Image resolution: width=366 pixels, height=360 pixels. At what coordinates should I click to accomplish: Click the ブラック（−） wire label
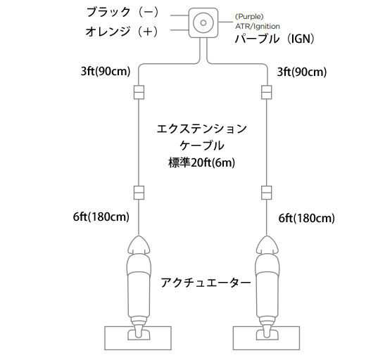(122, 12)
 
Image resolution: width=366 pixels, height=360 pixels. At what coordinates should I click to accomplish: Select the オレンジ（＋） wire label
(122, 32)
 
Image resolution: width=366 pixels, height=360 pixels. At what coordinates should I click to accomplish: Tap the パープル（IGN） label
(274, 39)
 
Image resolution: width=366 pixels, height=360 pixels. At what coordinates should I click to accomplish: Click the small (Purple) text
(249, 17)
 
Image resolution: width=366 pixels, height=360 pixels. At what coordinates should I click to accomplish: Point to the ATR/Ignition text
(258, 26)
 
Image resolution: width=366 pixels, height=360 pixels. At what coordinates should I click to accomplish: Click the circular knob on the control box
(203, 22)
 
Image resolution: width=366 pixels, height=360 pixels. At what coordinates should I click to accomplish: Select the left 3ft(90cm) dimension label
(106, 71)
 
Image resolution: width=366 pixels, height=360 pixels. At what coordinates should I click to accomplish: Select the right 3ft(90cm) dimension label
(302, 72)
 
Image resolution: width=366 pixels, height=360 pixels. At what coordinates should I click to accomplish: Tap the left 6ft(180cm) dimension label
(101, 217)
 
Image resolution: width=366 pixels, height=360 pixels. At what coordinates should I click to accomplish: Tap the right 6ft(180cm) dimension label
(306, 218)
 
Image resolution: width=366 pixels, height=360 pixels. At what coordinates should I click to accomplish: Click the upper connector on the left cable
(139, 92)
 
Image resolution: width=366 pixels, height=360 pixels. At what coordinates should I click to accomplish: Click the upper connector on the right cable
(267, 92)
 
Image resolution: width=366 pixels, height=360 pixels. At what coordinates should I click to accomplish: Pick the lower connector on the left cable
(139, 193)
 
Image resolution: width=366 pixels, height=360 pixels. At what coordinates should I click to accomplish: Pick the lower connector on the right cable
(267, 193)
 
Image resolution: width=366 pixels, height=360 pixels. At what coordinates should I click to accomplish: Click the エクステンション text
(201, 129)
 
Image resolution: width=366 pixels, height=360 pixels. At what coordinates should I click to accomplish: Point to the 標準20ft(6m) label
(201, 162)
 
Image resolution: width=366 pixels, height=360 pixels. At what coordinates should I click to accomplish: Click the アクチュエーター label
(206, 283)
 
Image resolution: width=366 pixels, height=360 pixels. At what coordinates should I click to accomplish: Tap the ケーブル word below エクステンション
(202, 146)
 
